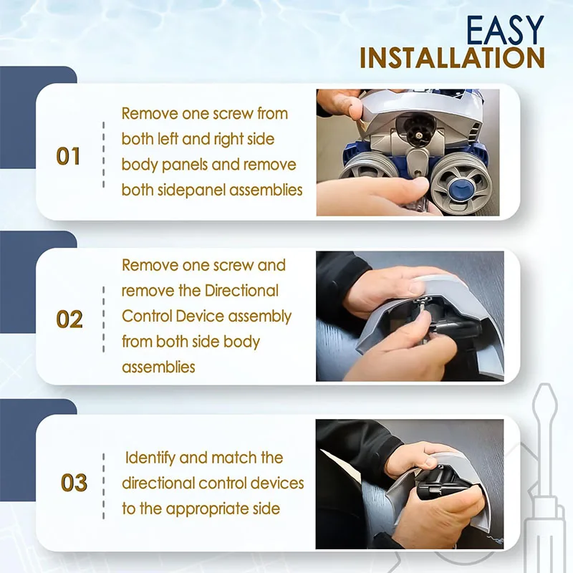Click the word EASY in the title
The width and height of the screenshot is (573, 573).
point(505,30)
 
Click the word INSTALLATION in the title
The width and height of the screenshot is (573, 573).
point(453,58)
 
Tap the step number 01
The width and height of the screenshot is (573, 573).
point(68,156)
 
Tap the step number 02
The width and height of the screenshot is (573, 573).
point(69,319)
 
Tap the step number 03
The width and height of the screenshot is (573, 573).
point(74,482)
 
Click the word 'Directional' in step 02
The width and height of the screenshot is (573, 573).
point(241,291)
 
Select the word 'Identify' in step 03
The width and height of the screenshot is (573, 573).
point(150,458)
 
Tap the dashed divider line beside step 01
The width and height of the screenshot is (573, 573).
point(103,155)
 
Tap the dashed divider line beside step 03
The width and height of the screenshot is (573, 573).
point(103,486)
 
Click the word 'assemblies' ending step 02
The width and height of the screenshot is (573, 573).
point(158,367)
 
